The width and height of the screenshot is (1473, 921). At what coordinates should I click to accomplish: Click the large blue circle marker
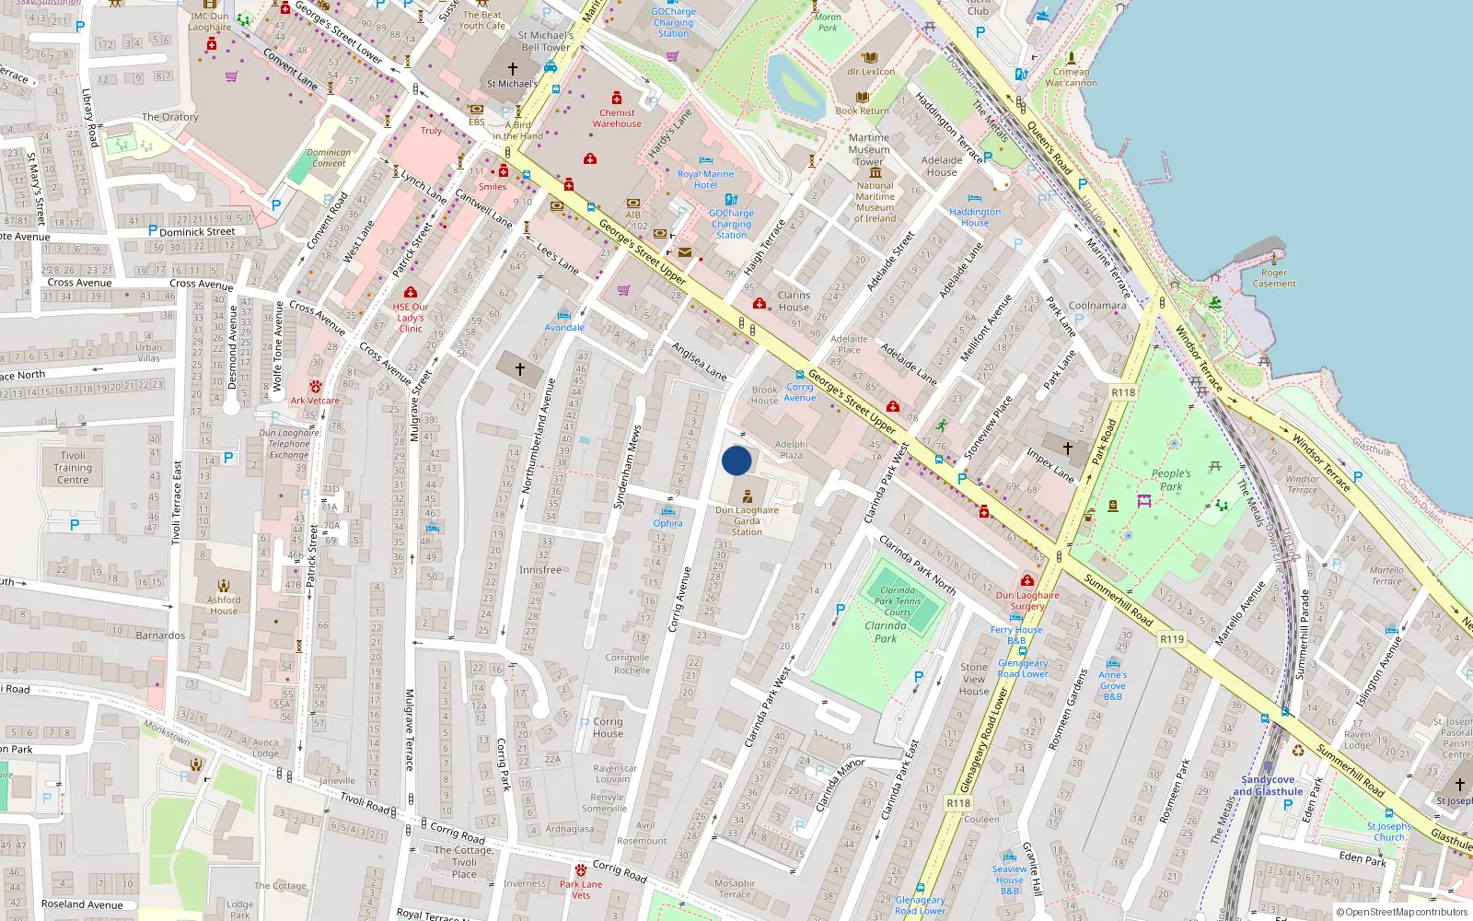(736, 460)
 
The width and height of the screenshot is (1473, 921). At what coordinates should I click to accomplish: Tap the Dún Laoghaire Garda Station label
(747, 521)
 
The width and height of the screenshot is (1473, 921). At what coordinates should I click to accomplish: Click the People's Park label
(1171, 480)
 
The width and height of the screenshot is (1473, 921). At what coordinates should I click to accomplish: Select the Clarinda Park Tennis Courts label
(898, 600)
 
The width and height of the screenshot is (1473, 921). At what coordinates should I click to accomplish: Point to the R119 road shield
(1172, 639)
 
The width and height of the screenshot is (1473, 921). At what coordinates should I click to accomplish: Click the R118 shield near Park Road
(1123, 392)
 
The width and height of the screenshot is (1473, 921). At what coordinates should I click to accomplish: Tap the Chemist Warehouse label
(617, 118)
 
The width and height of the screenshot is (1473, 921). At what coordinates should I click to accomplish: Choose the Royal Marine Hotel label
(705, 180)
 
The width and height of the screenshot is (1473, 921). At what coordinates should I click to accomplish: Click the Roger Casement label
(1274, 278)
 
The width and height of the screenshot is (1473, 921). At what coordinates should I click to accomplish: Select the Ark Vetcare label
(315, 401)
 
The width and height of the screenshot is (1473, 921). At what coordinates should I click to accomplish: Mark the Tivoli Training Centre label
(73, 468)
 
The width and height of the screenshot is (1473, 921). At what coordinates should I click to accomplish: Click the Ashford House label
(224, 605)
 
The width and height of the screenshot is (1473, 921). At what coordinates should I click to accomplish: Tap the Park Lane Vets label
(581, 890)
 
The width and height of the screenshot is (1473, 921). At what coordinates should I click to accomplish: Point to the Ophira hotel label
(668, 523)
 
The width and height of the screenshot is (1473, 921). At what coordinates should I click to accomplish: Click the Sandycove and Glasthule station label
(1268, 786)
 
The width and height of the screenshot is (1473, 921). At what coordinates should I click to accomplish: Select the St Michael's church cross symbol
(513, 68)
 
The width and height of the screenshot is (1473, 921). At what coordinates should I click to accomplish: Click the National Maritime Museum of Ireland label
(875, 202)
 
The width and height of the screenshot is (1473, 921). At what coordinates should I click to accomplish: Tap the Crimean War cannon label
(1071, 77)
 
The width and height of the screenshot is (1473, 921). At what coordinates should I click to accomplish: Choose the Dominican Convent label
(329, 158)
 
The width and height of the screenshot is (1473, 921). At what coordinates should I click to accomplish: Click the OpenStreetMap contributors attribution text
(1401, 913)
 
